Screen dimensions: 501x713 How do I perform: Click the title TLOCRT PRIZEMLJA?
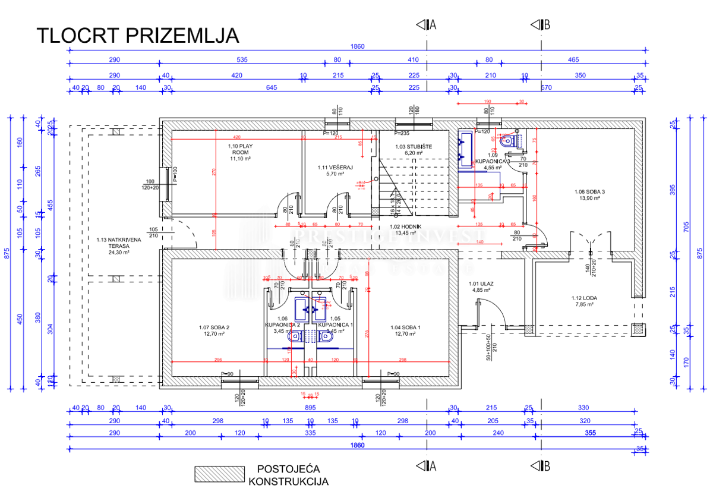tap(138, 36)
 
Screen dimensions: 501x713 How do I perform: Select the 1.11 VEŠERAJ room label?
tap(335, 171)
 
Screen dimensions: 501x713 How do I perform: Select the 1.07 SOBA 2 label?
tap(214, 330)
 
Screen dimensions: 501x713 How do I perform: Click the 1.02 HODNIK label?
tap(405, 229)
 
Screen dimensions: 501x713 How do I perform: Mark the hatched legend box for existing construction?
tap(219, 474)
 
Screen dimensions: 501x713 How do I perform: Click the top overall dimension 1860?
tap(357, 47)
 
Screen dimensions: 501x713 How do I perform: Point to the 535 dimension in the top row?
tap(241, 60)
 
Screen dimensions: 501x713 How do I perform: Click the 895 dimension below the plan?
tap(310, 408)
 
